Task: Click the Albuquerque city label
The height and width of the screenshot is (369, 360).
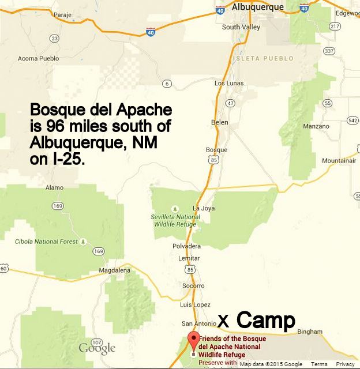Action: [x=257, y=7]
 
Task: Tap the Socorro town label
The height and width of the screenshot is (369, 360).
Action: [x=193, y=286]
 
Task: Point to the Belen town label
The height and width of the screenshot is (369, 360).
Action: [x=220, y=123]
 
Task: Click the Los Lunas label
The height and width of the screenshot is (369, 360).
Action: [x=229, y=84]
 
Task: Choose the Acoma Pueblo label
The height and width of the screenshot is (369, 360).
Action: [x=39, y=58]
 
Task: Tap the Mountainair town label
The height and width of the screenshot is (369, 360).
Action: [x=338, y=161]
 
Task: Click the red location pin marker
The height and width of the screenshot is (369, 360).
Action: [x=194, y=340]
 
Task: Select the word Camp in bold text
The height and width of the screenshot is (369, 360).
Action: [x=266, y=320]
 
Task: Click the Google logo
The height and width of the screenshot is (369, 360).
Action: [x=97, y=348]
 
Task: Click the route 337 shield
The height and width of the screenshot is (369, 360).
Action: [x=329, y=51]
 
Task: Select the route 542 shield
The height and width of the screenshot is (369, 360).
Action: [x=353, y=121]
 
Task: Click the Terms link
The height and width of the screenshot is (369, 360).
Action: [x=319, y=364]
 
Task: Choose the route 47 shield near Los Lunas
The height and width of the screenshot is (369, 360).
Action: [x=231, y=103]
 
